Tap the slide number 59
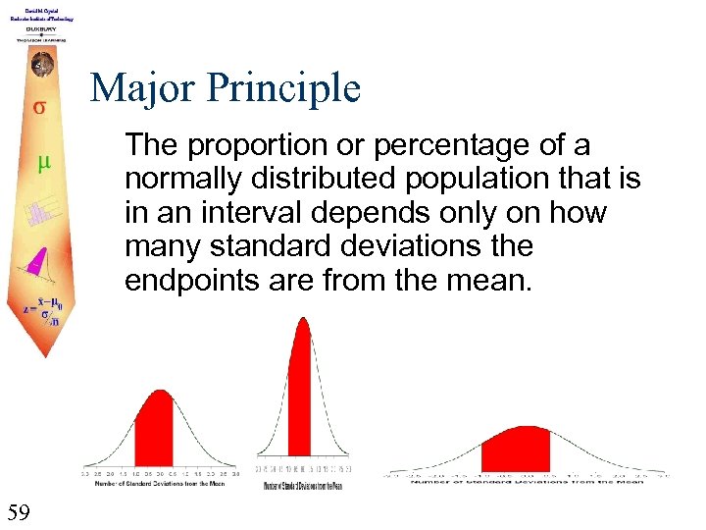click(18, 511)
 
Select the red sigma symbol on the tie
click(39, 107)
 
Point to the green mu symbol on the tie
click(42, 164)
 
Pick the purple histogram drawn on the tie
click(42, 214)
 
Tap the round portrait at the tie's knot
click(40, 66)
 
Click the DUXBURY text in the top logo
click(40, 29)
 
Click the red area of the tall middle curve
click(300, 393)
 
